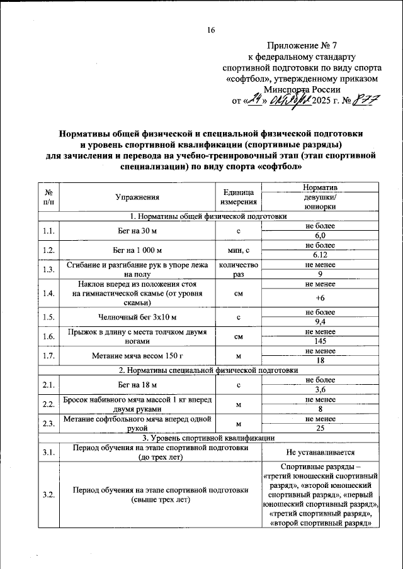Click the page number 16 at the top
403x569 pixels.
pos(211,30)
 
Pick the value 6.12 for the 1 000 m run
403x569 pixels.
pos(320,255)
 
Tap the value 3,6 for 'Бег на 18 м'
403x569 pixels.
pos(320,389)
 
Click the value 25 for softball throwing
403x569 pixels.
pos(320,428)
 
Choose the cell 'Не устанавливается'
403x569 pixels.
pos(320,452)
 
